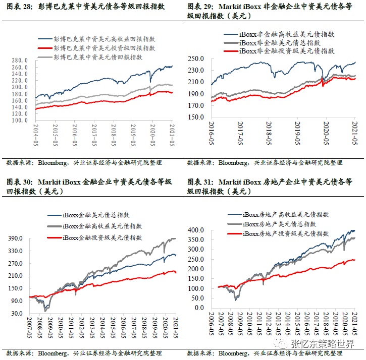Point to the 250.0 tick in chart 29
click(x=197, y=59)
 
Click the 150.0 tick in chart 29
click(x=197, y=117)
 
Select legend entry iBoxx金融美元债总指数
click(x=95, y=215)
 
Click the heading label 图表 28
click(x=17, y=7)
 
